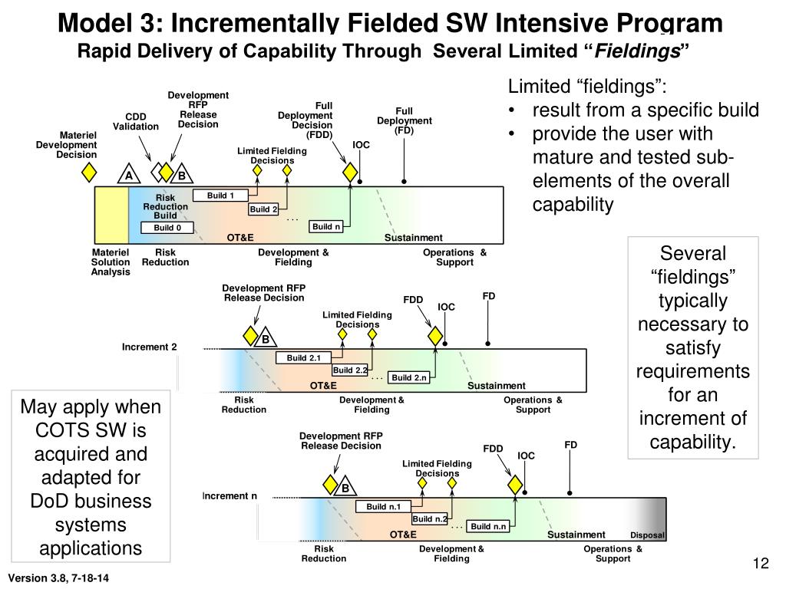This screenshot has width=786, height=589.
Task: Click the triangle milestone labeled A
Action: (129, 176)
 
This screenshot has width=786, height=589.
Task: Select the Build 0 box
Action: (167, 228)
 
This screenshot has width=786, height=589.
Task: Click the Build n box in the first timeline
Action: (326, 226)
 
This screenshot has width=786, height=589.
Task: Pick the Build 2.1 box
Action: (303, 358)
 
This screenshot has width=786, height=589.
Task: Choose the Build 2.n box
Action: (408, 377)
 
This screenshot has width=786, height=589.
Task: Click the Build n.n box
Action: (489, 526)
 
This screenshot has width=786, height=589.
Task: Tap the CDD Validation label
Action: (136, 122)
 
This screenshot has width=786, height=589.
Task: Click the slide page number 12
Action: (761, 564)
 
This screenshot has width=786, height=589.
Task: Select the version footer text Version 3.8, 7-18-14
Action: (58, 577)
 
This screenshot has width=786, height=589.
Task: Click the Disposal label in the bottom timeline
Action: (647, 535)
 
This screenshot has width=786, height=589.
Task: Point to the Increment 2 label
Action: (149, 347)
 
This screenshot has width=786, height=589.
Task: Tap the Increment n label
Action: (230, 496)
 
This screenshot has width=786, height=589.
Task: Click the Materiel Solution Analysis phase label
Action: (111, 262)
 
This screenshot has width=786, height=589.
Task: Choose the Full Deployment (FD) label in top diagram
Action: (405, 120)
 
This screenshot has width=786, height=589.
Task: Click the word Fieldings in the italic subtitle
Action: (638, 52)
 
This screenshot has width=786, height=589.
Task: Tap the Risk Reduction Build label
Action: (165, 206)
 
